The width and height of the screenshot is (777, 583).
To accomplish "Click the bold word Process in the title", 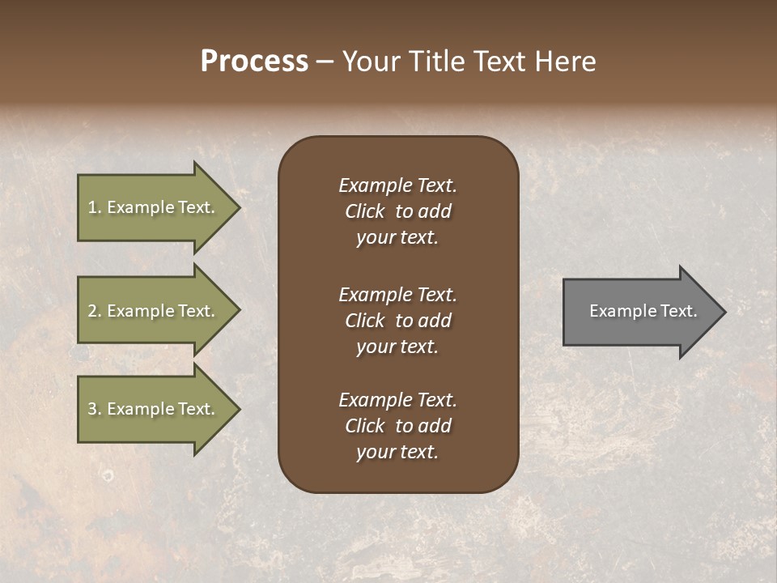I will (x=254, y=62).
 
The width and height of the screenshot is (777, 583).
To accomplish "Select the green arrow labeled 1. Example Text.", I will (x=154, y=207).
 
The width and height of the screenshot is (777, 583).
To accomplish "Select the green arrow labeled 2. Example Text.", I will (x=154, y=311).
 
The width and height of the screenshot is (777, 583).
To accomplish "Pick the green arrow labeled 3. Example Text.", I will (x=154, y=409).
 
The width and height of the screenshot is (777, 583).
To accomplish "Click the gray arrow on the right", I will (x=639, y=311).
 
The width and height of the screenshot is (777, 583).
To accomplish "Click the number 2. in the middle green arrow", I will (x=96, y=311).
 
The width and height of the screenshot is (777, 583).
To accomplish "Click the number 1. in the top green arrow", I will (x=95, y=207).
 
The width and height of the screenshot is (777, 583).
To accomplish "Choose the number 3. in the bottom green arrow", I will (x=96, y=409).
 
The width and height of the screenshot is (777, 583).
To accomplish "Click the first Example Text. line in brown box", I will (x=397, y=185).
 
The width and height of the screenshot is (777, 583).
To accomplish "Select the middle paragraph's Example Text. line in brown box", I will (x=397, y=295).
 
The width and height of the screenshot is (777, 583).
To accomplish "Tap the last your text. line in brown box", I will (x=397, y=452).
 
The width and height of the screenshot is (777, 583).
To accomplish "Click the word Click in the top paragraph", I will (x=364, y=211).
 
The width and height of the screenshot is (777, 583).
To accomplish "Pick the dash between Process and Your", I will (x=325, y=62).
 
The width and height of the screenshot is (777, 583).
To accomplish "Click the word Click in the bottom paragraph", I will (x=364, y=426).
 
